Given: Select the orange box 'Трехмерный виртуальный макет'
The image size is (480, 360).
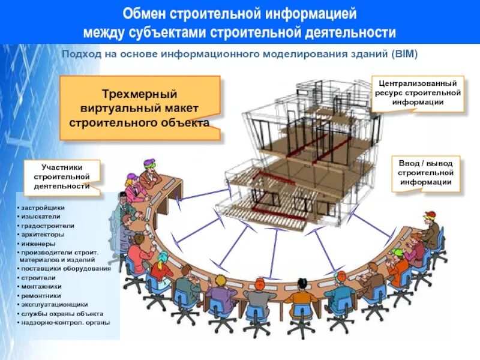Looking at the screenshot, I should coord(139,109).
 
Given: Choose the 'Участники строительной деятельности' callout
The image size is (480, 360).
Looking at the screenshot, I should coord(62,176).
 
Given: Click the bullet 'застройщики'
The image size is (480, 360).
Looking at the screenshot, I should coord(43,208).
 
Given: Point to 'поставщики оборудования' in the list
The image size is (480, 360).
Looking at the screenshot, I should coord(66,269).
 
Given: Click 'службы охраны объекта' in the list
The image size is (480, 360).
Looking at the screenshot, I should coord(62,313).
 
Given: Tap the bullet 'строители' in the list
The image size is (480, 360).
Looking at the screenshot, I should coord(39,278).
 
